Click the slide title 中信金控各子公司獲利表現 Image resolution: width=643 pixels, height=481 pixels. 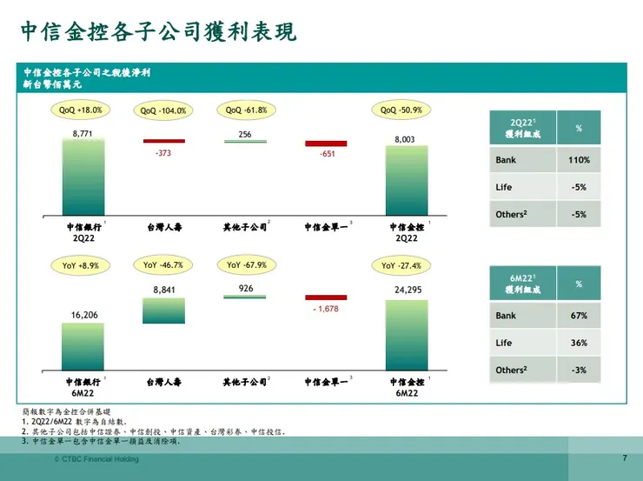pyautogui.click(x=158, y=32)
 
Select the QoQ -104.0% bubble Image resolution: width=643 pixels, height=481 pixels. pyautogui.click(x=163, y=111)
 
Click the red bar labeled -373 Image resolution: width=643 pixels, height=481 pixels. pyautogui.click(x=163, y=140)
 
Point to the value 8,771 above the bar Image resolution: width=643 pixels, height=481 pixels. pyautogui.click(x=82, y=132)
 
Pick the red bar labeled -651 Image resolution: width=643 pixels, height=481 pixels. pyautogui.click(x=326, y=144)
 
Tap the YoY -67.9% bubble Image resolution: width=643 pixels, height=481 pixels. pyautogui.click(x=246, y=264)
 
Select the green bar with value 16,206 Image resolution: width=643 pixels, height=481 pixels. pyautogui.click(x=82, y=346)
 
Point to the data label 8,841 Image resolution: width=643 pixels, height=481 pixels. pyautogui.click(x=164, y=290)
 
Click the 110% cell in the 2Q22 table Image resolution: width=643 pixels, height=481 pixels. pyautogui.click(x=579, y=160)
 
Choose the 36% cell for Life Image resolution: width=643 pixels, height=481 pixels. pyautogui.click(x=579, y=343)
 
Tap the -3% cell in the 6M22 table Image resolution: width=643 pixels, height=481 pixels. pyautogui.click(x=579, y=370)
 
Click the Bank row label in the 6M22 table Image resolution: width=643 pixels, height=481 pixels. pyautogui.click(x=506, y=316)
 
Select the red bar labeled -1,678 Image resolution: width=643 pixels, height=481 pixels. pyautogui.click(x=326, y=297)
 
